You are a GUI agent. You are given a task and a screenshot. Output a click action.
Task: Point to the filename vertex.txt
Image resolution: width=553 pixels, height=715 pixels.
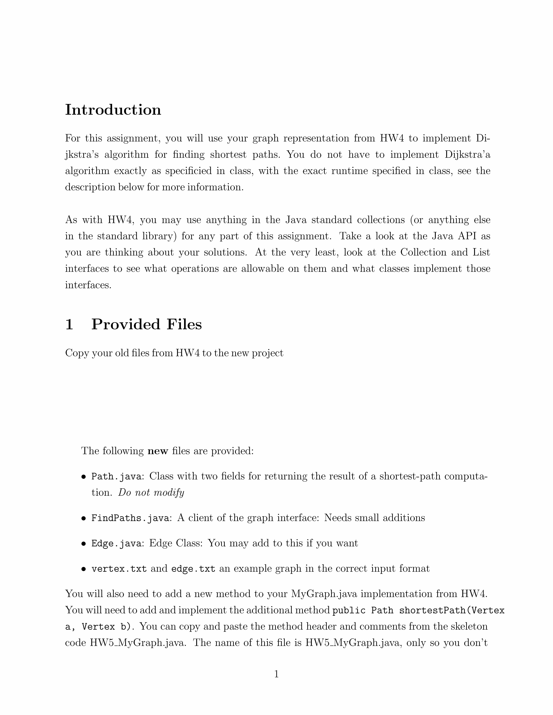click(119, 569)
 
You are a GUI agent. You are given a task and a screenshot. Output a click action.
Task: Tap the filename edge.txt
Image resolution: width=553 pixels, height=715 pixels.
click(193, 569)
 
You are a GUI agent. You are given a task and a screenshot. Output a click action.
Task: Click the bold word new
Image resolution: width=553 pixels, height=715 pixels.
click(158, 451)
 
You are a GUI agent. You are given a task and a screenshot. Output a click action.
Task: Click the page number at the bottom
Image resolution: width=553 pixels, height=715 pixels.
click(276, 674)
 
